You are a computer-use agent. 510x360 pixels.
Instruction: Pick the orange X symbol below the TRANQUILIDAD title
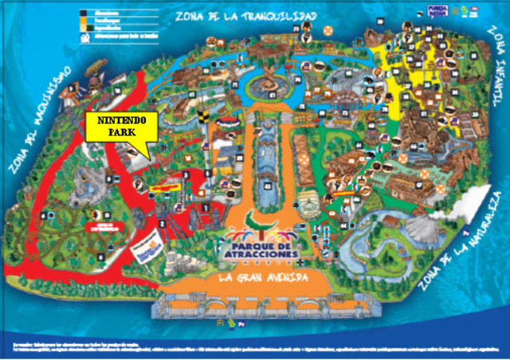[327, 30]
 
